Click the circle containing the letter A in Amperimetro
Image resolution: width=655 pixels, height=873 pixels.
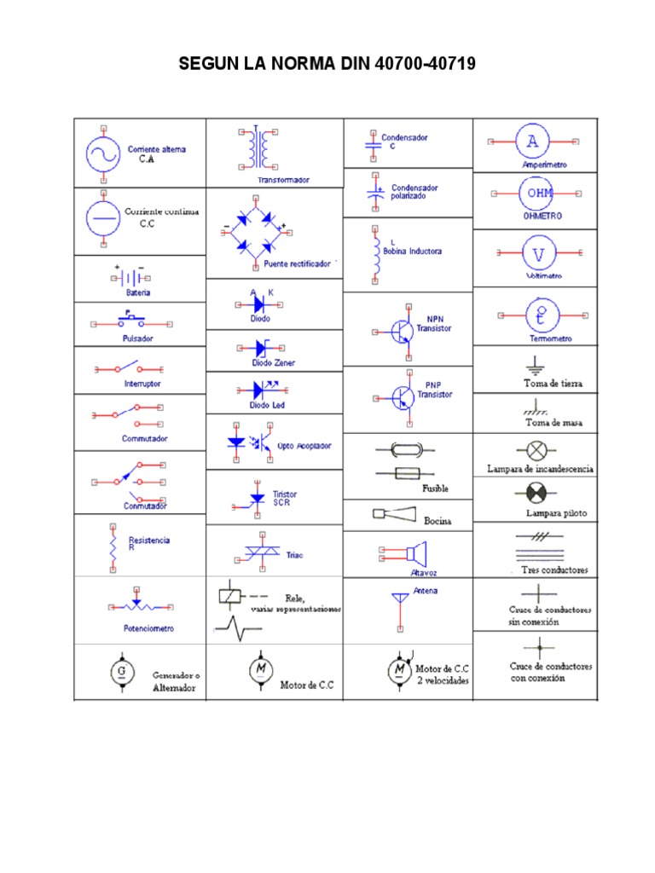click(x=532, y=141)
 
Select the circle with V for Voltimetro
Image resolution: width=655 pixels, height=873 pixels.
click(x=538, y=252)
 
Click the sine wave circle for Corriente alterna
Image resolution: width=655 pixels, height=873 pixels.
click(x=102, y=154)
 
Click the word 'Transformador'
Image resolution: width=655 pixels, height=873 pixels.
click(x=283, y=180)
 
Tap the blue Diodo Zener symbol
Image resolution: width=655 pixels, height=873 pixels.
click(x=261, y=348)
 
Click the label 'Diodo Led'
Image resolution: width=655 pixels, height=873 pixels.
click(x=267, y=405)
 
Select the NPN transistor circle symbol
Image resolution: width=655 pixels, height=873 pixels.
click(x=399, y=332)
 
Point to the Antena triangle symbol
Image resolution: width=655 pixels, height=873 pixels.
click(x=400, y=598)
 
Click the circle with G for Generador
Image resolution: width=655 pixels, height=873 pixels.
click(x=121, y=672)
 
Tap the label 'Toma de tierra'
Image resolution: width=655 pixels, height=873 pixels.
click(x=553, y=384)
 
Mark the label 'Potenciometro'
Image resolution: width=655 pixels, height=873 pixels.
click(x=149, y=628)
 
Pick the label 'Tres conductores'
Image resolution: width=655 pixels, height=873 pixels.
click(x=555, y=569)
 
